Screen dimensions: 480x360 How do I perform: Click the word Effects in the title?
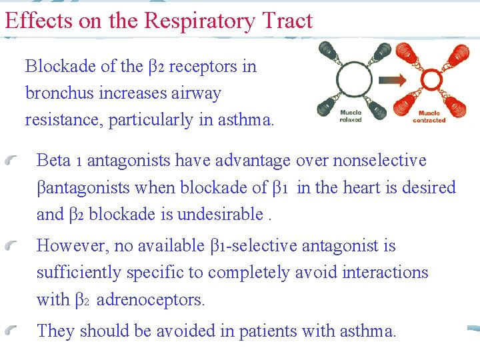tap(37, 21)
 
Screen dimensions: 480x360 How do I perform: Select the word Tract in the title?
tap(287, 21)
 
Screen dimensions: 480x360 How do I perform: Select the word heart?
tap(364, 187)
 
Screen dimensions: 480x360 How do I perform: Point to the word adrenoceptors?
tap(151, 300)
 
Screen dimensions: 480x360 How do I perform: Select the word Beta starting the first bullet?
tap(53, 161)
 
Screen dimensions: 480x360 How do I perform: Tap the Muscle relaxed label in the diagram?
tap(351, 116)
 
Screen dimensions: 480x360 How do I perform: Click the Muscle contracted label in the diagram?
tap(429, 116)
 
